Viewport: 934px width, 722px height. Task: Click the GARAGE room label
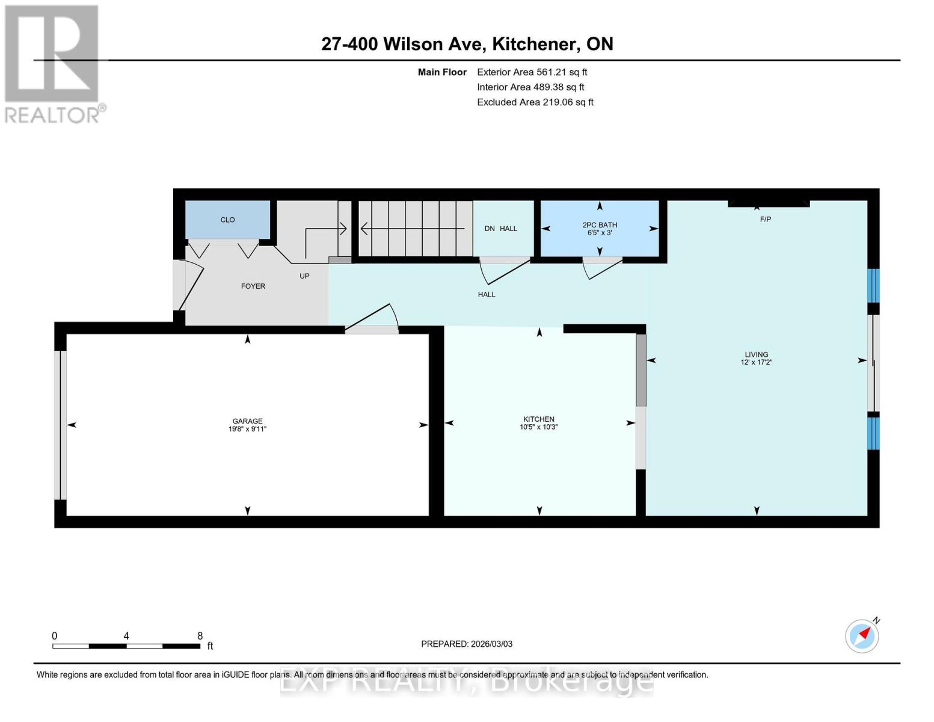(247, 421)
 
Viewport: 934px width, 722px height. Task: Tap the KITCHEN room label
(538, 419)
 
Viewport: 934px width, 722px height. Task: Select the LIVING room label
(756, 354)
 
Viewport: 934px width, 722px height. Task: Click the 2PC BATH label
(600, 225)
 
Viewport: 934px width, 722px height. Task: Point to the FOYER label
(253, 286)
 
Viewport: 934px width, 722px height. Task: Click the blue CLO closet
(227, 220)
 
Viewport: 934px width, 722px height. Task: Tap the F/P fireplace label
(765, 220)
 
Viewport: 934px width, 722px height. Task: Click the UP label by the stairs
(304, 276)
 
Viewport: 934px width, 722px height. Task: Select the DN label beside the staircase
(490, 229)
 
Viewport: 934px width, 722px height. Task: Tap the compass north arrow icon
(862, 635)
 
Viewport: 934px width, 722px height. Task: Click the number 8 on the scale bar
(200, 636)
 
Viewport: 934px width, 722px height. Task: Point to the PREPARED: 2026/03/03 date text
(467, 644)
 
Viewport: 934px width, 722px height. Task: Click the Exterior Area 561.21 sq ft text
(532, 72)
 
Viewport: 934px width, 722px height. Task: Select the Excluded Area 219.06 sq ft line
(535, 102)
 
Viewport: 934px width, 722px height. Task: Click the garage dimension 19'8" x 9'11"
(247, 429)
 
